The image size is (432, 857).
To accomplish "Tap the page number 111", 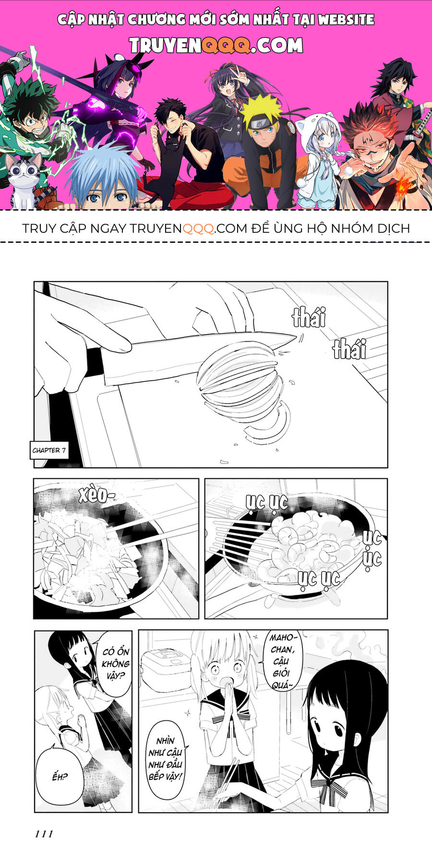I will [x=44, y=834].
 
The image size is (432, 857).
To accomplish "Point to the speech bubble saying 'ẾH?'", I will [x=60, y=776].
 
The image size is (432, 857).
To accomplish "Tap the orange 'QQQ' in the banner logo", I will [x=225, y=46].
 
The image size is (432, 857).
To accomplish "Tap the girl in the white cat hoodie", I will [x=319, y=158].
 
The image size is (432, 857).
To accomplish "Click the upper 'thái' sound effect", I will [x=309, y=318].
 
